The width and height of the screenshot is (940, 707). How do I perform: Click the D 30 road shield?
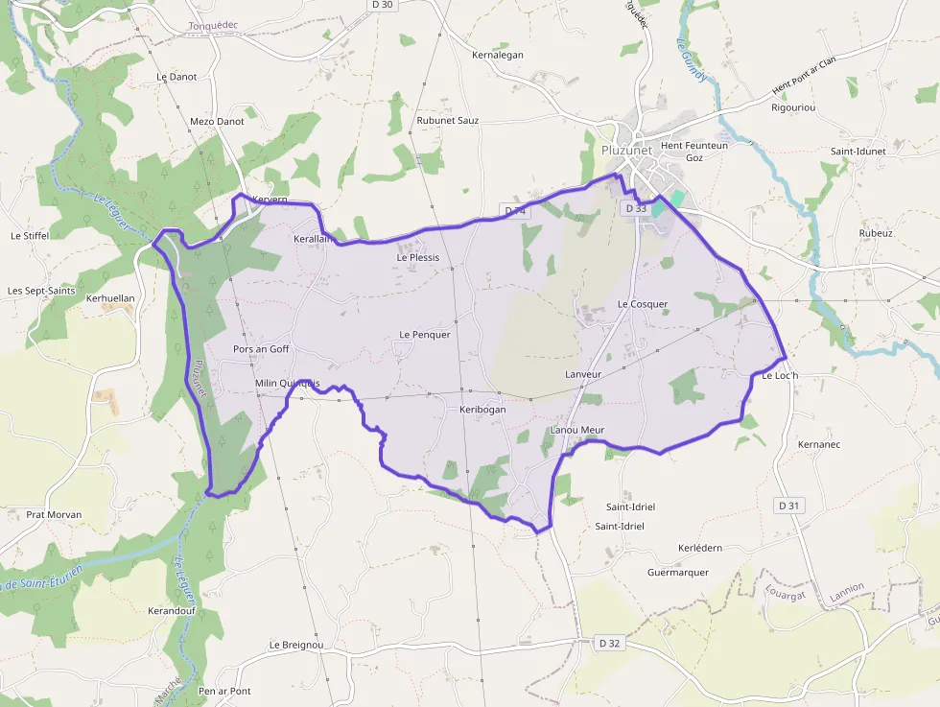coord(382,5)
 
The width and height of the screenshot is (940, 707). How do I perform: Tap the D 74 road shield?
coord(515,210)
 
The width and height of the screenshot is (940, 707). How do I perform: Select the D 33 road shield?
coord(636,208)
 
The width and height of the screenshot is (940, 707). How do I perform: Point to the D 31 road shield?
coord(789,505)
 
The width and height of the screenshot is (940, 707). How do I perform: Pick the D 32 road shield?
coord(609,643)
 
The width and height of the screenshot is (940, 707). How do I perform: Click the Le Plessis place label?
coord(418,257)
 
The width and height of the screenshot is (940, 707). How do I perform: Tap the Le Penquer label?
coord(424,334)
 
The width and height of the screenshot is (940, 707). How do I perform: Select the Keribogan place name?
coord(482,410)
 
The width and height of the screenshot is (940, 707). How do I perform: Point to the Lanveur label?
coord(583,374)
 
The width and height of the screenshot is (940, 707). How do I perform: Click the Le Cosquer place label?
coord(643,304)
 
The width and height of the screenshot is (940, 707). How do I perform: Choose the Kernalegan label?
coord(498,55)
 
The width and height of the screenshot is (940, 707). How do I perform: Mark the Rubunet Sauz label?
coord(448,121)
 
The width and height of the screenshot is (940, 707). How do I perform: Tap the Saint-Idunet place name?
coord(858,152)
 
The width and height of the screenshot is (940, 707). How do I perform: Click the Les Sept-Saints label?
coord(41,290)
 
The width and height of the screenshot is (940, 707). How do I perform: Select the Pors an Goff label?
coord(261,349)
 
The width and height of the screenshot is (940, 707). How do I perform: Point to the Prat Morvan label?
coord(54,514)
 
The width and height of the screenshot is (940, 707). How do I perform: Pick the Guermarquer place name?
coord(678,573)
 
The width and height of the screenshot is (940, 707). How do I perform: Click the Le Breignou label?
coord(296,645)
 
